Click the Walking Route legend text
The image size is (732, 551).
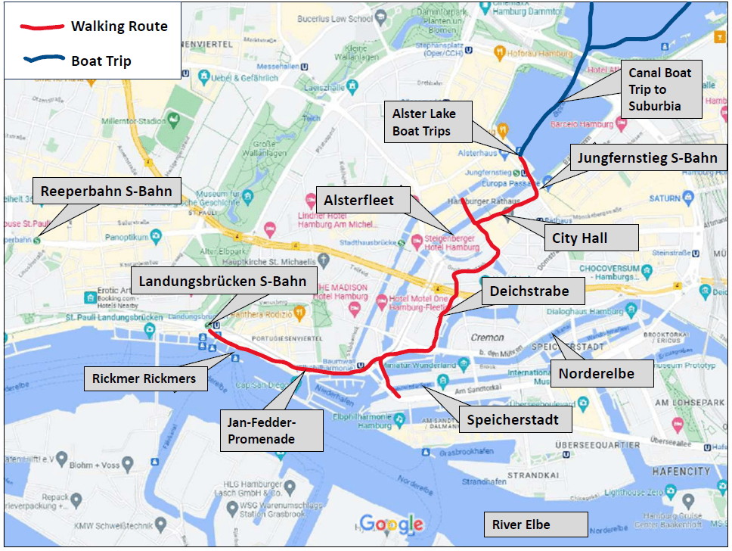coord(119,26)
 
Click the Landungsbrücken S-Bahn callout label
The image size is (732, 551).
coord(222,282)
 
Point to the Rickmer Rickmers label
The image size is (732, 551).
coord(144,378)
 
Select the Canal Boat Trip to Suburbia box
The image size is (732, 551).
coord(661,89)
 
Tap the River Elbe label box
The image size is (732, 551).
coord(535,525)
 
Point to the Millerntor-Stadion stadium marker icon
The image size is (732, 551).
coord(175,120)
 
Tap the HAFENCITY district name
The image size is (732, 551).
coord(681,471)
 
